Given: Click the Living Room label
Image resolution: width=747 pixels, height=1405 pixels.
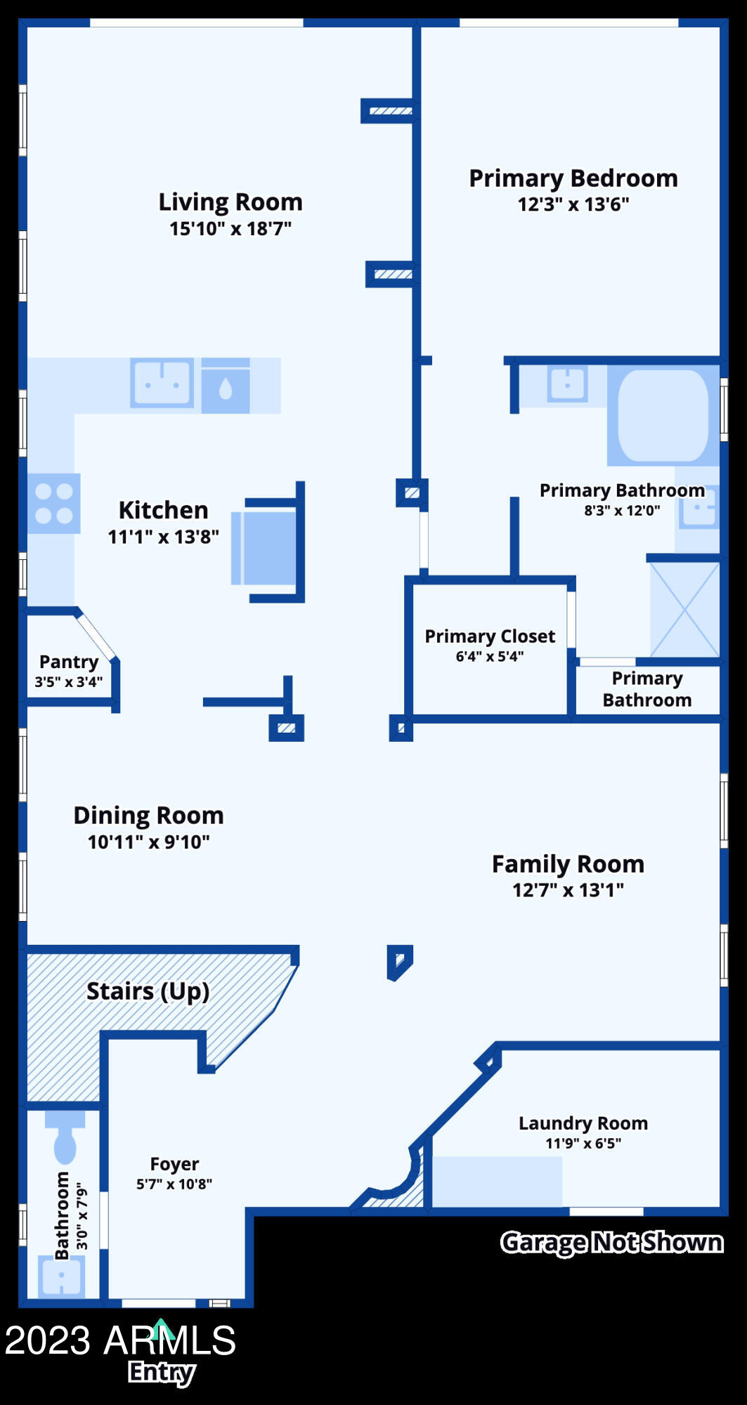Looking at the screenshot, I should (230, 202).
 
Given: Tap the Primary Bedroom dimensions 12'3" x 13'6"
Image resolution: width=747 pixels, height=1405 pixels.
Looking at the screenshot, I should (573, 205).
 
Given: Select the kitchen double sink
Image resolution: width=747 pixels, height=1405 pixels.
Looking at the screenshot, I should (162, 383).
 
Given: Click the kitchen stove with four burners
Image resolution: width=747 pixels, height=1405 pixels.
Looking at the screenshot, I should (54, 503).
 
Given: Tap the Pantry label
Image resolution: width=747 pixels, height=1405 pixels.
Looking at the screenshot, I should (69, 662).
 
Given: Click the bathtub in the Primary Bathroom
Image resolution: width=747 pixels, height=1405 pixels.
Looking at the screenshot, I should (663, 415).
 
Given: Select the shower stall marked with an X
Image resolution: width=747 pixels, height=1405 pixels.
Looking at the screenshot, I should (684, 609).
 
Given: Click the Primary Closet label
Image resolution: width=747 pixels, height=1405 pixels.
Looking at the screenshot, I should (490, 636).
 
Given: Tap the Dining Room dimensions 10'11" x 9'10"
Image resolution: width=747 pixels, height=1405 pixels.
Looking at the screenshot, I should (148, 842).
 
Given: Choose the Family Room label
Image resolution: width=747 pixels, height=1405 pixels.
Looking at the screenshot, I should (568, 864).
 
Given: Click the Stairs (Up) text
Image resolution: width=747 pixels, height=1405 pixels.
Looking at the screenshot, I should (148, 991).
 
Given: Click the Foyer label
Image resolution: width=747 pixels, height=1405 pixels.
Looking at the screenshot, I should (174, 1164).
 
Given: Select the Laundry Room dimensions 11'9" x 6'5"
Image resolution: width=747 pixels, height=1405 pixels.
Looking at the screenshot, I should (583, 1144).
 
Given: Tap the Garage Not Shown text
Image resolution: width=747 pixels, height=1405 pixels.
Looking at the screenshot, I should (611, 1243).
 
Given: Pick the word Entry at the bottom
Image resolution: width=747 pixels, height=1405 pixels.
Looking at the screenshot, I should (162, 1372).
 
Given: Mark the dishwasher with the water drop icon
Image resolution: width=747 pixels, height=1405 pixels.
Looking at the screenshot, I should (226, 387).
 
